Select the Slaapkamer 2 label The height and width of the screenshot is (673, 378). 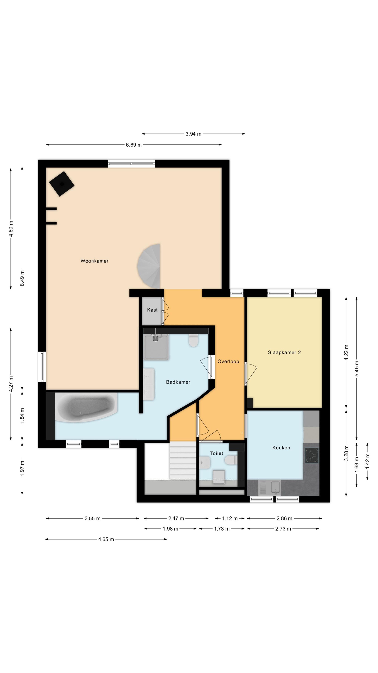click(284, 352)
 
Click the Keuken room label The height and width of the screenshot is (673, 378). click(281, 448)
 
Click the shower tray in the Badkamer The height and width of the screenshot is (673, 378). click(156, 347)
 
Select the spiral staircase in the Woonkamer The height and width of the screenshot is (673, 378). click(149, 266)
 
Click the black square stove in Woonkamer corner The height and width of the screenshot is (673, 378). click(62, 184)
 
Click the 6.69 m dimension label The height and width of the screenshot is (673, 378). click(134, 145)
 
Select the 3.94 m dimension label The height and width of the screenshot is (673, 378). click(193, 134)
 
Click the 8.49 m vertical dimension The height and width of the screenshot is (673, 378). click(22, 278)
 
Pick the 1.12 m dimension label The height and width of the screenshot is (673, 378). click(230, 518)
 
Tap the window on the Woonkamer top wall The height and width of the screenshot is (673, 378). click(131, 164)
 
